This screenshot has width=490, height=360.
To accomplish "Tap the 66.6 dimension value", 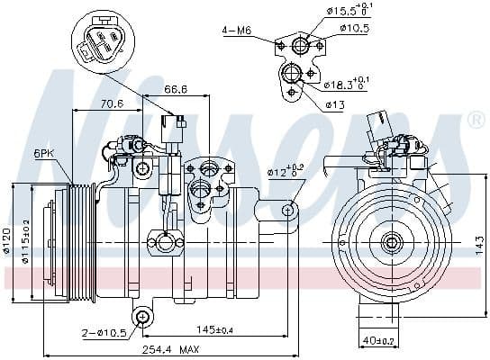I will pos(175,89).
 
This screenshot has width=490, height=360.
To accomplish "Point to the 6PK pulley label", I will pos(43,153).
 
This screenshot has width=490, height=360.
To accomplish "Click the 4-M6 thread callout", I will pos(237,31).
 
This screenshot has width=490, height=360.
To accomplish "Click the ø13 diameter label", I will pos(335,104).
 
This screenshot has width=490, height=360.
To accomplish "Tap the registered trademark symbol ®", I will pos(474,121).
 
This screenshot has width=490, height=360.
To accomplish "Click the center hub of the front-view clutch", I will pos(392,241).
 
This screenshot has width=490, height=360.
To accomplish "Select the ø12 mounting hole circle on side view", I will pos(288,210).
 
